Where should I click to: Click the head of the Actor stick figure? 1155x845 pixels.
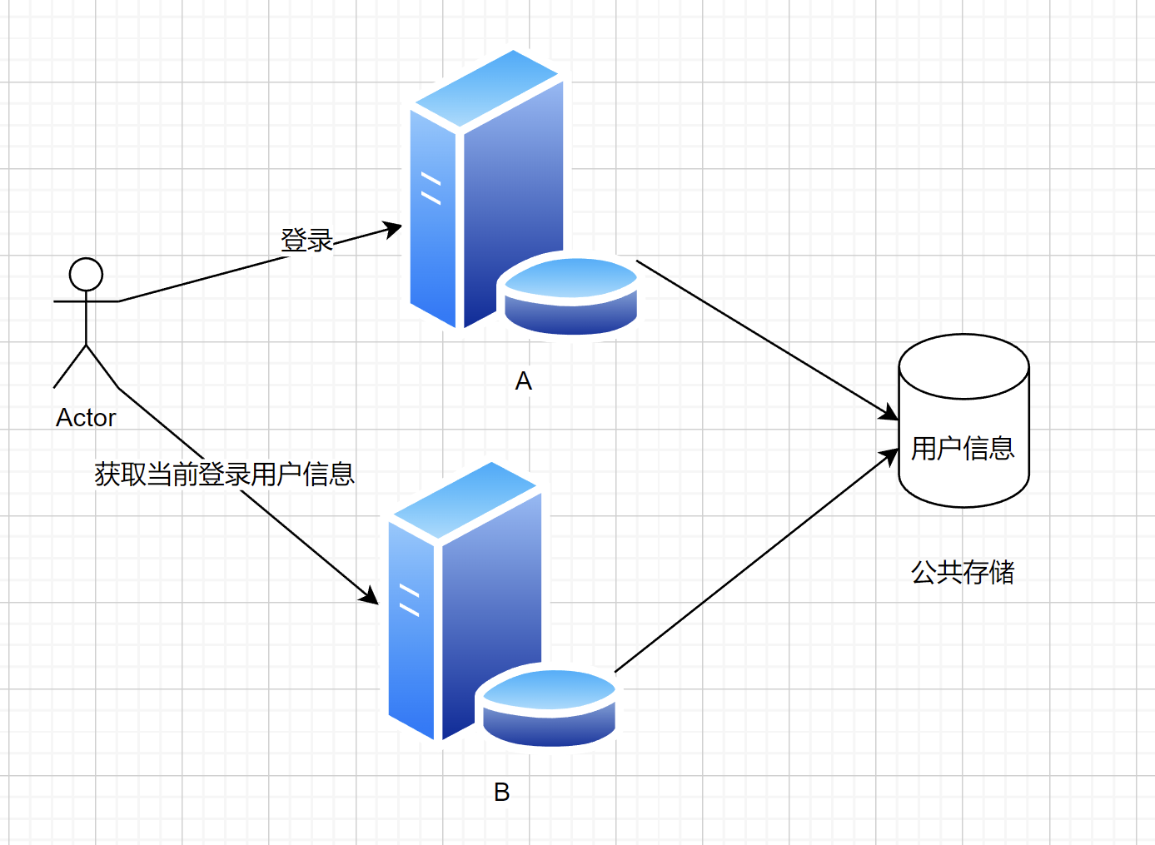(x=86, y=274)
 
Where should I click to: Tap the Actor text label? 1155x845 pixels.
(x=86, y=418)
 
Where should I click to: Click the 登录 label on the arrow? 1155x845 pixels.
(x=306, y=241)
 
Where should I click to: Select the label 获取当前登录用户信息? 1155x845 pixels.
(x=224, y=475)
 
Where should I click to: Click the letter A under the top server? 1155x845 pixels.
(x=523, y=381)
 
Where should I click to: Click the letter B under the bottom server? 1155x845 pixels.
(x=501, y=792)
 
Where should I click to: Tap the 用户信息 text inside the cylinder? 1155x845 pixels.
(x=963, y=448)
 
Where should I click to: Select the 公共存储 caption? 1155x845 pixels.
(x=963, y=572)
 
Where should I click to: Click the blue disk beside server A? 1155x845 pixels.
(x=570, y=296)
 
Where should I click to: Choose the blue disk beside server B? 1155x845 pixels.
(x=549, y=708)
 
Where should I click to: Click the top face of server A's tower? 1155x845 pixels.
(x=487, y=88)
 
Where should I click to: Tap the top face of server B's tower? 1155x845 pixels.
(x=465, y=500)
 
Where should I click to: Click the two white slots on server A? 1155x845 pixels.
(x=431, y=188)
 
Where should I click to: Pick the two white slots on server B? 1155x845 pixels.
(x=410, y=600)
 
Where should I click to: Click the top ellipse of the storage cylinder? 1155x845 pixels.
(x=963, y=366)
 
